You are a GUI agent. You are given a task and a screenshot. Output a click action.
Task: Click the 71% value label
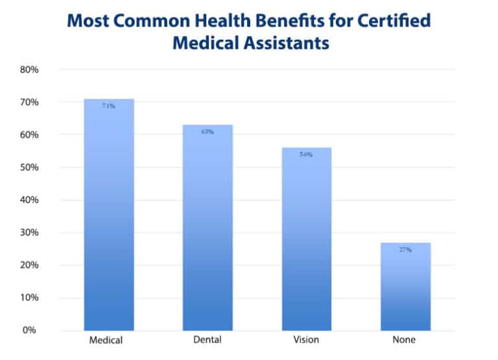(108, 106)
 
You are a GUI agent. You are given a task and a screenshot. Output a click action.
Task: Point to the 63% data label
(207, 132)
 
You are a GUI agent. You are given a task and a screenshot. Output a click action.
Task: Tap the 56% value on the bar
(306, 154)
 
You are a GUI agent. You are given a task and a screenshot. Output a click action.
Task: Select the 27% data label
(405, 250)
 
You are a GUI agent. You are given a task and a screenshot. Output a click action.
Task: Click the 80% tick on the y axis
(30, 69)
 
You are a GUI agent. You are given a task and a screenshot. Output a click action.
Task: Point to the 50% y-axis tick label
(30, 167)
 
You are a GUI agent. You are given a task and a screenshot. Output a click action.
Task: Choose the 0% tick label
(32, 330)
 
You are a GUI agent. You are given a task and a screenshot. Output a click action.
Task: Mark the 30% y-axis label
(30, 232)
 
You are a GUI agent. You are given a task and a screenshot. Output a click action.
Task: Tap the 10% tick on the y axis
(30, 298)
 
